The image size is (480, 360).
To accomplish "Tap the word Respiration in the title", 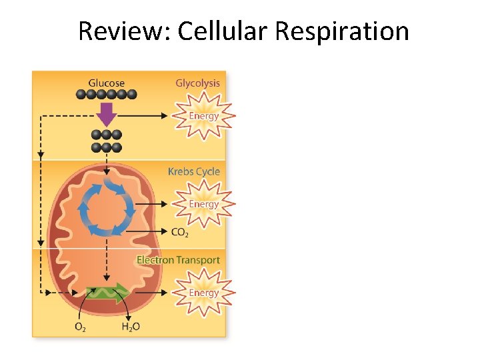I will tap(342, 31).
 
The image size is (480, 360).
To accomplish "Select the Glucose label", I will tap(106, 83).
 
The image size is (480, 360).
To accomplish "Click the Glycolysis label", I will tap(197, 83).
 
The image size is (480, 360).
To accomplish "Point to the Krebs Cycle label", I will tap(193, 171).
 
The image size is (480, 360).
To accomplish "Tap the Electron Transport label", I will tap(178, 260).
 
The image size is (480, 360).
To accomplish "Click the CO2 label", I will tap(179, 233).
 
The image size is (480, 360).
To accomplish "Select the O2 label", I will tap(79, 327).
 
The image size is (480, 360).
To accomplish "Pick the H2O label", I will tap(131, 327).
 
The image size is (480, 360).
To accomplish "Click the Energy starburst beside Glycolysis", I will tap(203, 116).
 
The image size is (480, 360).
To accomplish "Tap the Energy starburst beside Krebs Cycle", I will tap(203, 204).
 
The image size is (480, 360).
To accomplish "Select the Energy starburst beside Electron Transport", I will tap(203, 293).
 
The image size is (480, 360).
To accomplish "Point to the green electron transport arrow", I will tap(107, 292).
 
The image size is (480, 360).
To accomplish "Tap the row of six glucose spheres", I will tap(106, 95).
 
